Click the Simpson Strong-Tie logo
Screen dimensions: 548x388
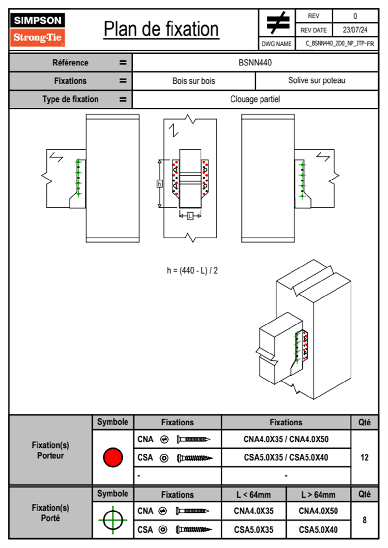pos(37,29)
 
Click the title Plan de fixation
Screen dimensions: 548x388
pos(161,29)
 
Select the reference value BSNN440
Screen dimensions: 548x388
pos(255,63)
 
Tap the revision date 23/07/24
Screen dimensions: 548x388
pos(355,30)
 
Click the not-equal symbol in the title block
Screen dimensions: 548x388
pos(277,23)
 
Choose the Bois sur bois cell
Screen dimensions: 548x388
pos(194,81)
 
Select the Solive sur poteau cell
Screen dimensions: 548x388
pos(317,80)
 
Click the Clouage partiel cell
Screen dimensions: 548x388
pos(255,99)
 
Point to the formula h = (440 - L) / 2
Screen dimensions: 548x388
pos(192,270)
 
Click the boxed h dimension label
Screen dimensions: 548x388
pos(159,184)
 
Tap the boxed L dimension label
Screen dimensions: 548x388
pos(190,216)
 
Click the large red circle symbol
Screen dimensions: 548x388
pos(113,457)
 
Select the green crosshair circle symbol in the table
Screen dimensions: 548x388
pos(113,520)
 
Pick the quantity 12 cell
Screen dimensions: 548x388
pos(364,457)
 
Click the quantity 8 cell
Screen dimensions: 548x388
pos(364,520)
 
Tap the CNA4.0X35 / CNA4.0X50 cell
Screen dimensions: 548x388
pos(286,439)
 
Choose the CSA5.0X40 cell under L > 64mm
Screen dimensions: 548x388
pos(318,530)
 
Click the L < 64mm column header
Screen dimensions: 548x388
pos(254,495)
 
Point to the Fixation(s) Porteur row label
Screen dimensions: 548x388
pos(51,450)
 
